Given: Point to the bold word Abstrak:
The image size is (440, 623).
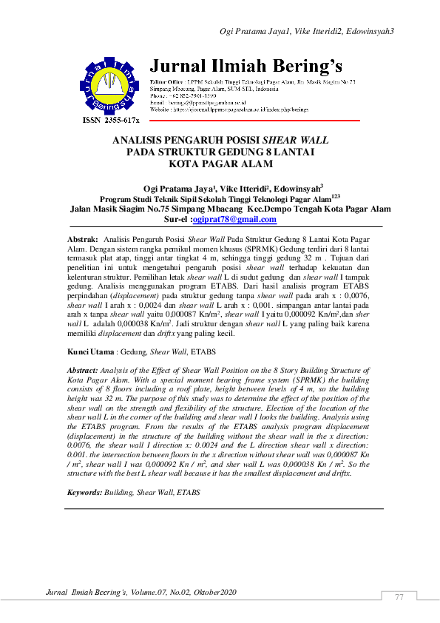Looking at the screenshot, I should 83,240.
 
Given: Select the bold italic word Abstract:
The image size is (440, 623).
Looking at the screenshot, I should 82,368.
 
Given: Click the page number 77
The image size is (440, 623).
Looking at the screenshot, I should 399,597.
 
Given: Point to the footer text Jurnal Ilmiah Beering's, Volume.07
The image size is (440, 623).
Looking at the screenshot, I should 141,593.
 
